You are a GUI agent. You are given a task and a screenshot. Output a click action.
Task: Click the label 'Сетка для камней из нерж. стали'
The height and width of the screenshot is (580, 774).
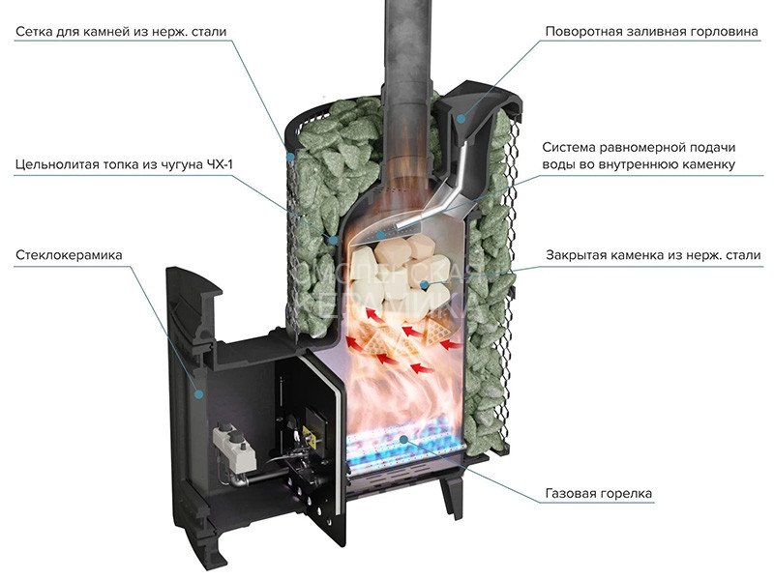121,32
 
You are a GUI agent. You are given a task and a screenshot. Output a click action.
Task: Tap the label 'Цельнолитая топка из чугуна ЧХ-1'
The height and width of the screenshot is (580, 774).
124,163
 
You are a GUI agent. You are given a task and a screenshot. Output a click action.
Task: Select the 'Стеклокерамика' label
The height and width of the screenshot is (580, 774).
70,255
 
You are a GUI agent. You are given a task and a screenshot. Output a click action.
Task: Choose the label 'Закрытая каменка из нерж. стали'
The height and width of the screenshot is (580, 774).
644,256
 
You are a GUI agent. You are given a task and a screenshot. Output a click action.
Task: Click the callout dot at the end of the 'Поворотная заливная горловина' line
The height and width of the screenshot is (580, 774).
461,119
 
